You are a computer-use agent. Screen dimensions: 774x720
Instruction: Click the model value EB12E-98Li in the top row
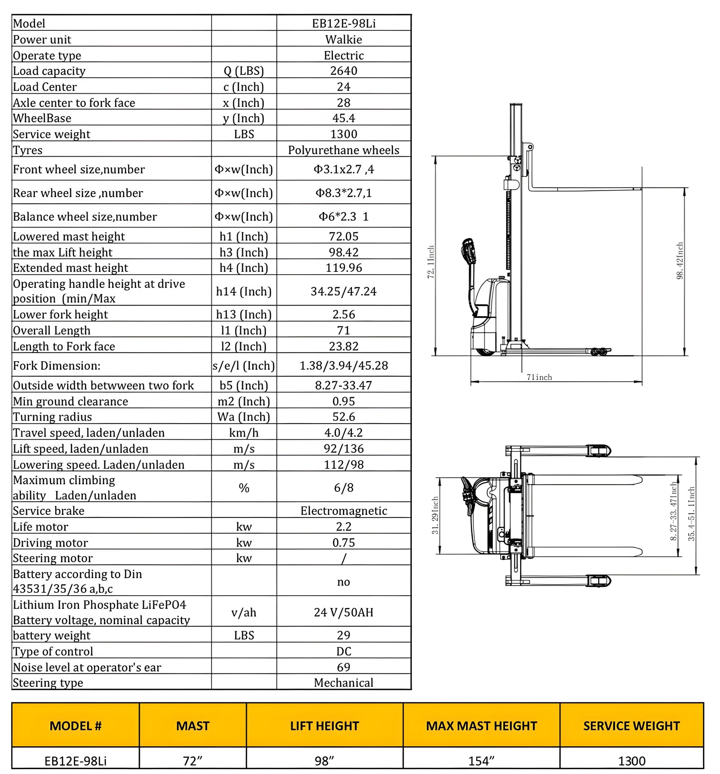(344, 23)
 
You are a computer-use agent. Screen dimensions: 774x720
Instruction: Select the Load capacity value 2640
(344, 70)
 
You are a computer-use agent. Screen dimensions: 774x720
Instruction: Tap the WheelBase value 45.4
(344, 118)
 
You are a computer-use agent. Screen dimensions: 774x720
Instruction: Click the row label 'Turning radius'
(53, 416)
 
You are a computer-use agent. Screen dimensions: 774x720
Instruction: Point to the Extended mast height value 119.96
(344, 268)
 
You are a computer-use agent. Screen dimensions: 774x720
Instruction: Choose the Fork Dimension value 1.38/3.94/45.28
(344, 365)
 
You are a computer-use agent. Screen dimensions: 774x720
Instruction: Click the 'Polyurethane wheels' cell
(344, 150)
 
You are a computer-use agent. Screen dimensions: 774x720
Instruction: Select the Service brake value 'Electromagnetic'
(344, 510)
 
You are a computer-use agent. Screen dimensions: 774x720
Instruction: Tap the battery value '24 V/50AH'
(344, 612)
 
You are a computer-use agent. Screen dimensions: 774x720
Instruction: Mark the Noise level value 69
(344, 667)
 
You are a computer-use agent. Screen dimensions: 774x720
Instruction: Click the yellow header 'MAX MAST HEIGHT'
(481, 726)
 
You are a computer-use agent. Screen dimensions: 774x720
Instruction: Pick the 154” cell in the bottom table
(481, 760)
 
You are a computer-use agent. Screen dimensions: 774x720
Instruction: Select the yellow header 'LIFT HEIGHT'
(324, 726)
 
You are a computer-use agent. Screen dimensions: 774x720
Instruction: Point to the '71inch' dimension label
(539, 377)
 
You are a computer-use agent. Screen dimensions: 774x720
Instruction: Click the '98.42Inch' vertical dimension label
(680, 261)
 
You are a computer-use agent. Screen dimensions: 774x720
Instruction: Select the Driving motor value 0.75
(344, 542)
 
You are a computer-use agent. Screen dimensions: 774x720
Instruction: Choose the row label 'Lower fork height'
(60, 314)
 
